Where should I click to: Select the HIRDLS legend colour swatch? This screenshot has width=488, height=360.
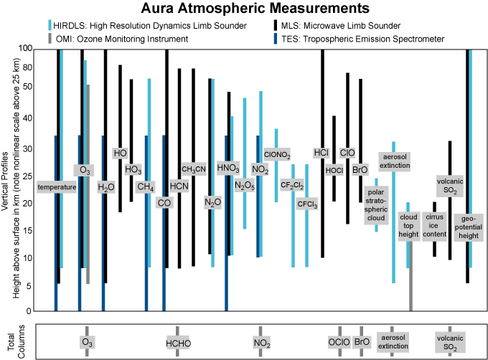tap(49, 25)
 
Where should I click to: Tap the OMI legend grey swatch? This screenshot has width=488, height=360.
tap(49, 38)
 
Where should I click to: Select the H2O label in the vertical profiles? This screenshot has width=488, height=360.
tap(106, 187)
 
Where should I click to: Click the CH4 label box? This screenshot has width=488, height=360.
tap(146, 187)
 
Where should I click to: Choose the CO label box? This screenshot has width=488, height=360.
tap(164, 202)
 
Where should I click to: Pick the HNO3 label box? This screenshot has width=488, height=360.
tap(228, 169)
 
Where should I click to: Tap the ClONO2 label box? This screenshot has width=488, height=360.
tap(277, 153)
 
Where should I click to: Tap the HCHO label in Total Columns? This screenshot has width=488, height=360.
tap(177, 344)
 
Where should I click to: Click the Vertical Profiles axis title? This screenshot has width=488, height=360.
tap(7, 179)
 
